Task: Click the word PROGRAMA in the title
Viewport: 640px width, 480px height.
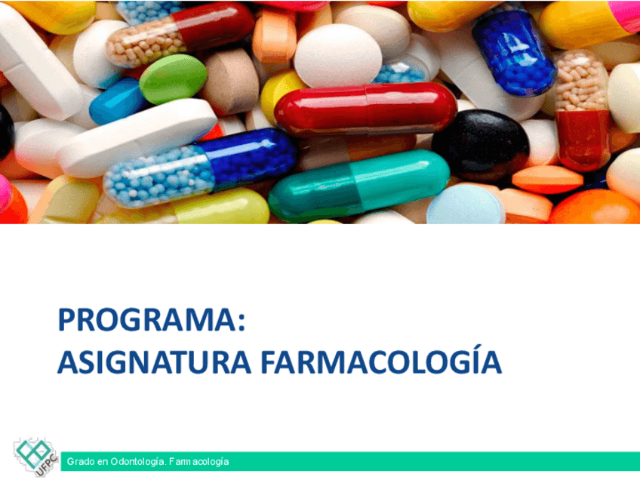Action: coord(147,319)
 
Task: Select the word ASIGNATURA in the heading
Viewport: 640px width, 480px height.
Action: coord(154,362)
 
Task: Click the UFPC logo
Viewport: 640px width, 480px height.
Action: coord(35,457)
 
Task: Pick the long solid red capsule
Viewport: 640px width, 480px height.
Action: coord(365,109)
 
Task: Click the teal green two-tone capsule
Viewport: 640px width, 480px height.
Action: coord(359,185)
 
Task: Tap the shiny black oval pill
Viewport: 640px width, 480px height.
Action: coord(481,144)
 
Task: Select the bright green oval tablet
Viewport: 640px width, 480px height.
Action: coord(173,78)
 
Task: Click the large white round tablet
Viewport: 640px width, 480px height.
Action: coord(337,56)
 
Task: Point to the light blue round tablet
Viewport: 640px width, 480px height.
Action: coord(465,205)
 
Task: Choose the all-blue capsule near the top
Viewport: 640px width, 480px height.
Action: coord(514,52)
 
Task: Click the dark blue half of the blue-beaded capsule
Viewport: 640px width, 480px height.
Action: coord(248,157)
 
